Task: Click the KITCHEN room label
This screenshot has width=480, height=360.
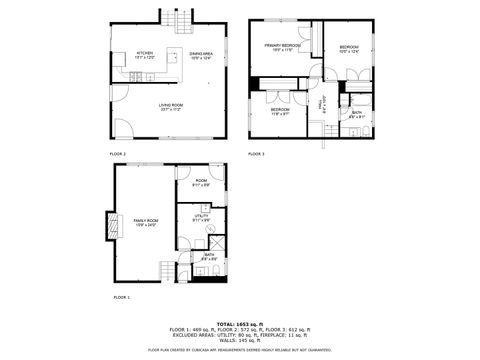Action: click(x=145, y=54)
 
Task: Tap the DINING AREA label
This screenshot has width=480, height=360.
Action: click(x=201, y=55)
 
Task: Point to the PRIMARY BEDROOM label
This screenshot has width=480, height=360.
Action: click(x=283, y=47)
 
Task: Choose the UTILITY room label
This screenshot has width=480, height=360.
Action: click(x=201, y=217)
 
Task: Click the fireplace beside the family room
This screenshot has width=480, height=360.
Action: click(x=107, y=227)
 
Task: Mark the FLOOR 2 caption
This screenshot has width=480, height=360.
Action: click(x=118, y=154)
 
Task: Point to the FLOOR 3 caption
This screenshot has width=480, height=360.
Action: click(x=256, y=154)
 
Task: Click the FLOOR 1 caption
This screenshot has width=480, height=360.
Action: click(x=121, y=298)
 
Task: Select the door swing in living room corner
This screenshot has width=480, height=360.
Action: click(x=122, y=128)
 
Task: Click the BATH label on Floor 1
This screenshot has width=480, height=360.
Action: click(x=209, y=256)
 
